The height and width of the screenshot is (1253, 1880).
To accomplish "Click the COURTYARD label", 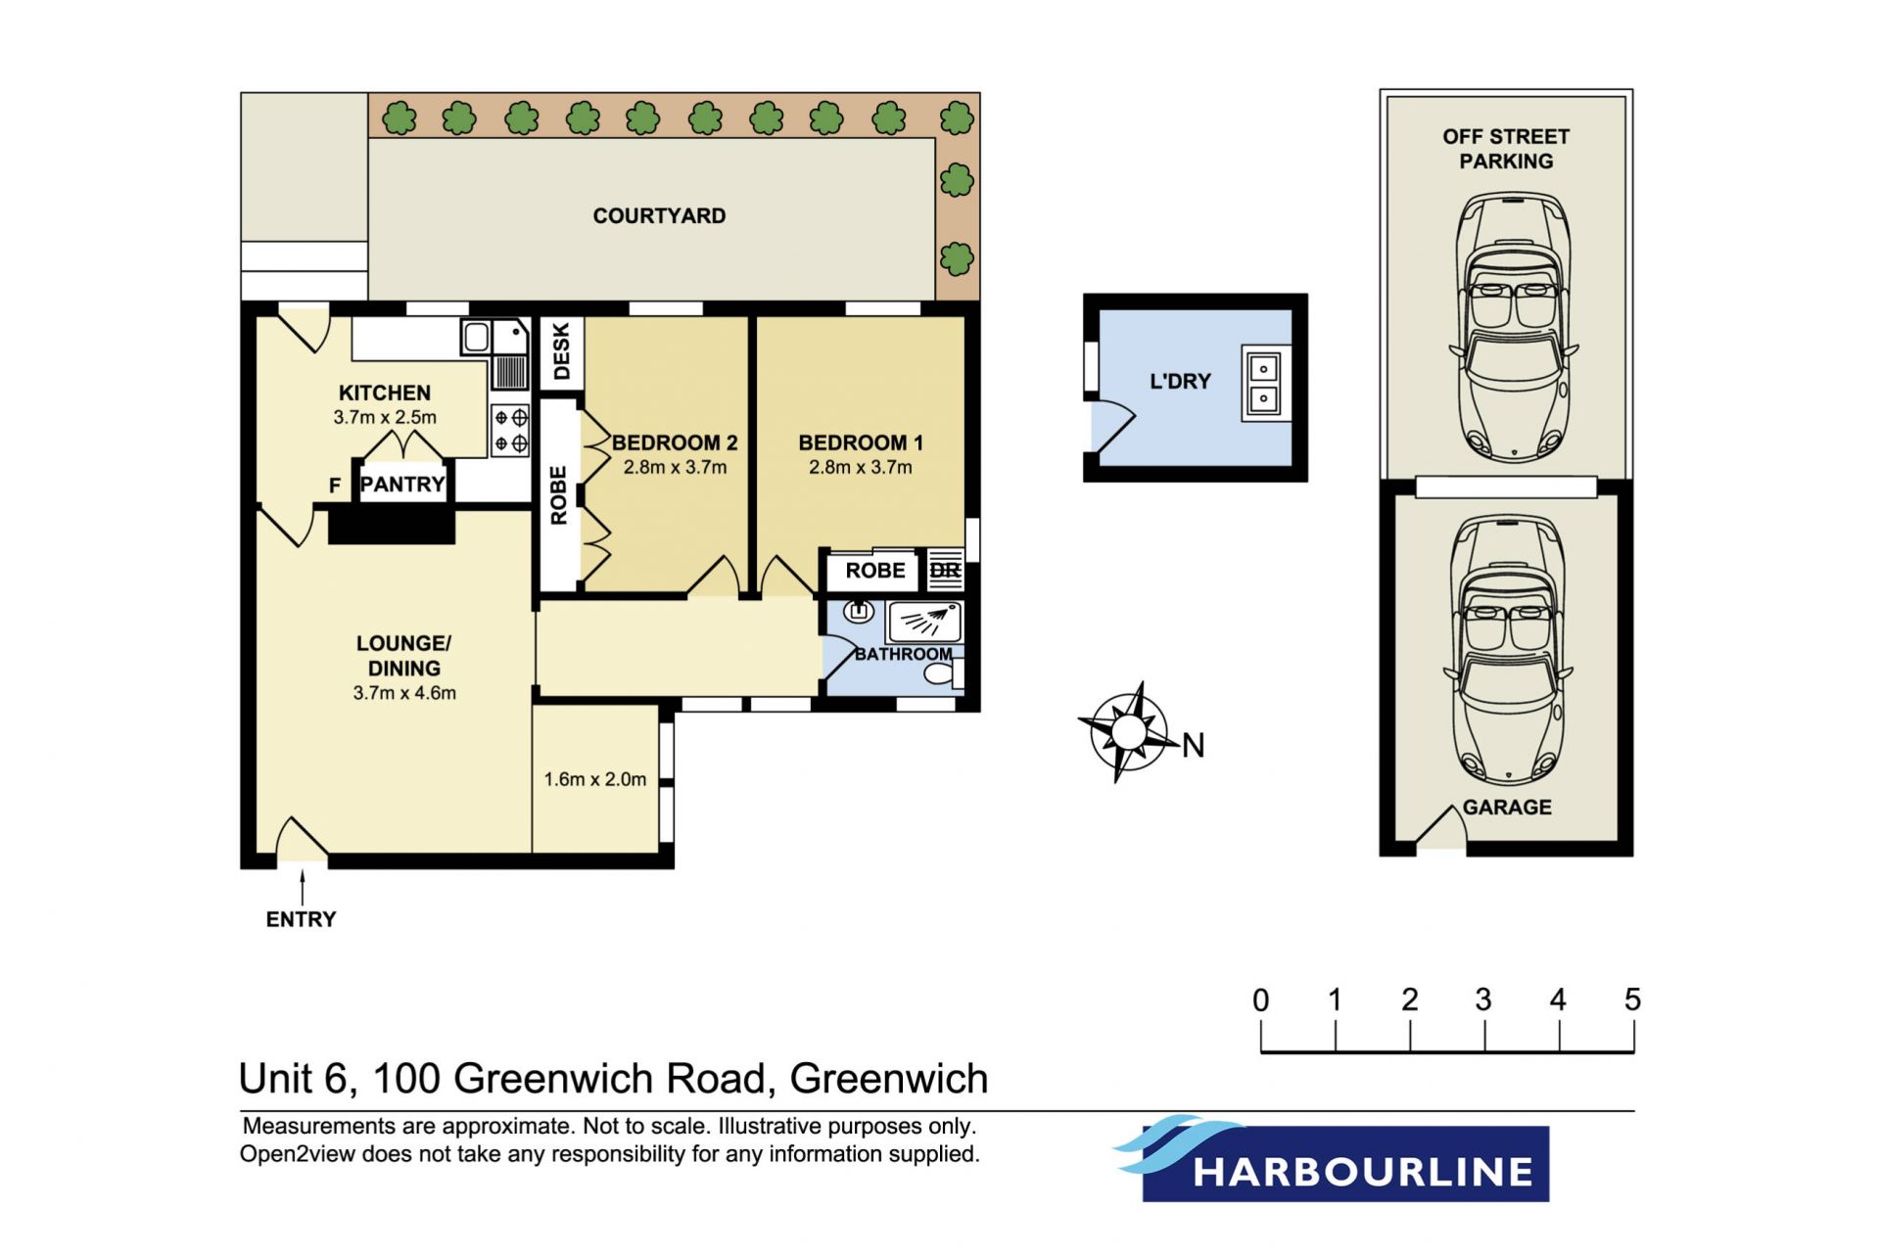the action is (659, 215).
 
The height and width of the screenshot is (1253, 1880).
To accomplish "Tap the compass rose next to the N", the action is (1128, 731).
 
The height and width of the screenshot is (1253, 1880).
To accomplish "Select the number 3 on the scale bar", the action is (1483, 999).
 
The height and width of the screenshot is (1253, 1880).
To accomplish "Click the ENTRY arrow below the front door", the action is (302, 887).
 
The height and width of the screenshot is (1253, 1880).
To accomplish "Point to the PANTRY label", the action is (402, 484).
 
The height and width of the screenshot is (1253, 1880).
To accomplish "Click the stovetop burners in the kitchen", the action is (510, 431).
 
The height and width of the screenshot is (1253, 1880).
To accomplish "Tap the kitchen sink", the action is (494, 338).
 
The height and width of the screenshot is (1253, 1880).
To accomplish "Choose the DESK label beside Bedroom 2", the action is (561, 351).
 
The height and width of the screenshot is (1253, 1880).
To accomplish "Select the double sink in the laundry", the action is (1264, 383).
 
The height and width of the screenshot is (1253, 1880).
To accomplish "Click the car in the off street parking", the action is (1512, 327).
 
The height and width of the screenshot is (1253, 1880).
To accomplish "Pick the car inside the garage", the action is (1507, 651).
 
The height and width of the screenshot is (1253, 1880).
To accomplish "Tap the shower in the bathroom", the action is (924, 621).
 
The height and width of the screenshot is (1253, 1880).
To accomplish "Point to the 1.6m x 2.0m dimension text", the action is (595, 779).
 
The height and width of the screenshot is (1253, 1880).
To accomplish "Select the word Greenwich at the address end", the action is (889, 1079).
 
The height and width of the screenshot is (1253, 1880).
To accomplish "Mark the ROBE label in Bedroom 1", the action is (875, 571).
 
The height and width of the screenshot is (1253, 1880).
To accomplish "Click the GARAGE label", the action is (1507, 808).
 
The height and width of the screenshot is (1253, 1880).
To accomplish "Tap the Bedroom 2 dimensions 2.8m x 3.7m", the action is (675, 468).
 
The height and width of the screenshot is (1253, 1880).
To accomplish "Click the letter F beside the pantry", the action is (335, 486).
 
